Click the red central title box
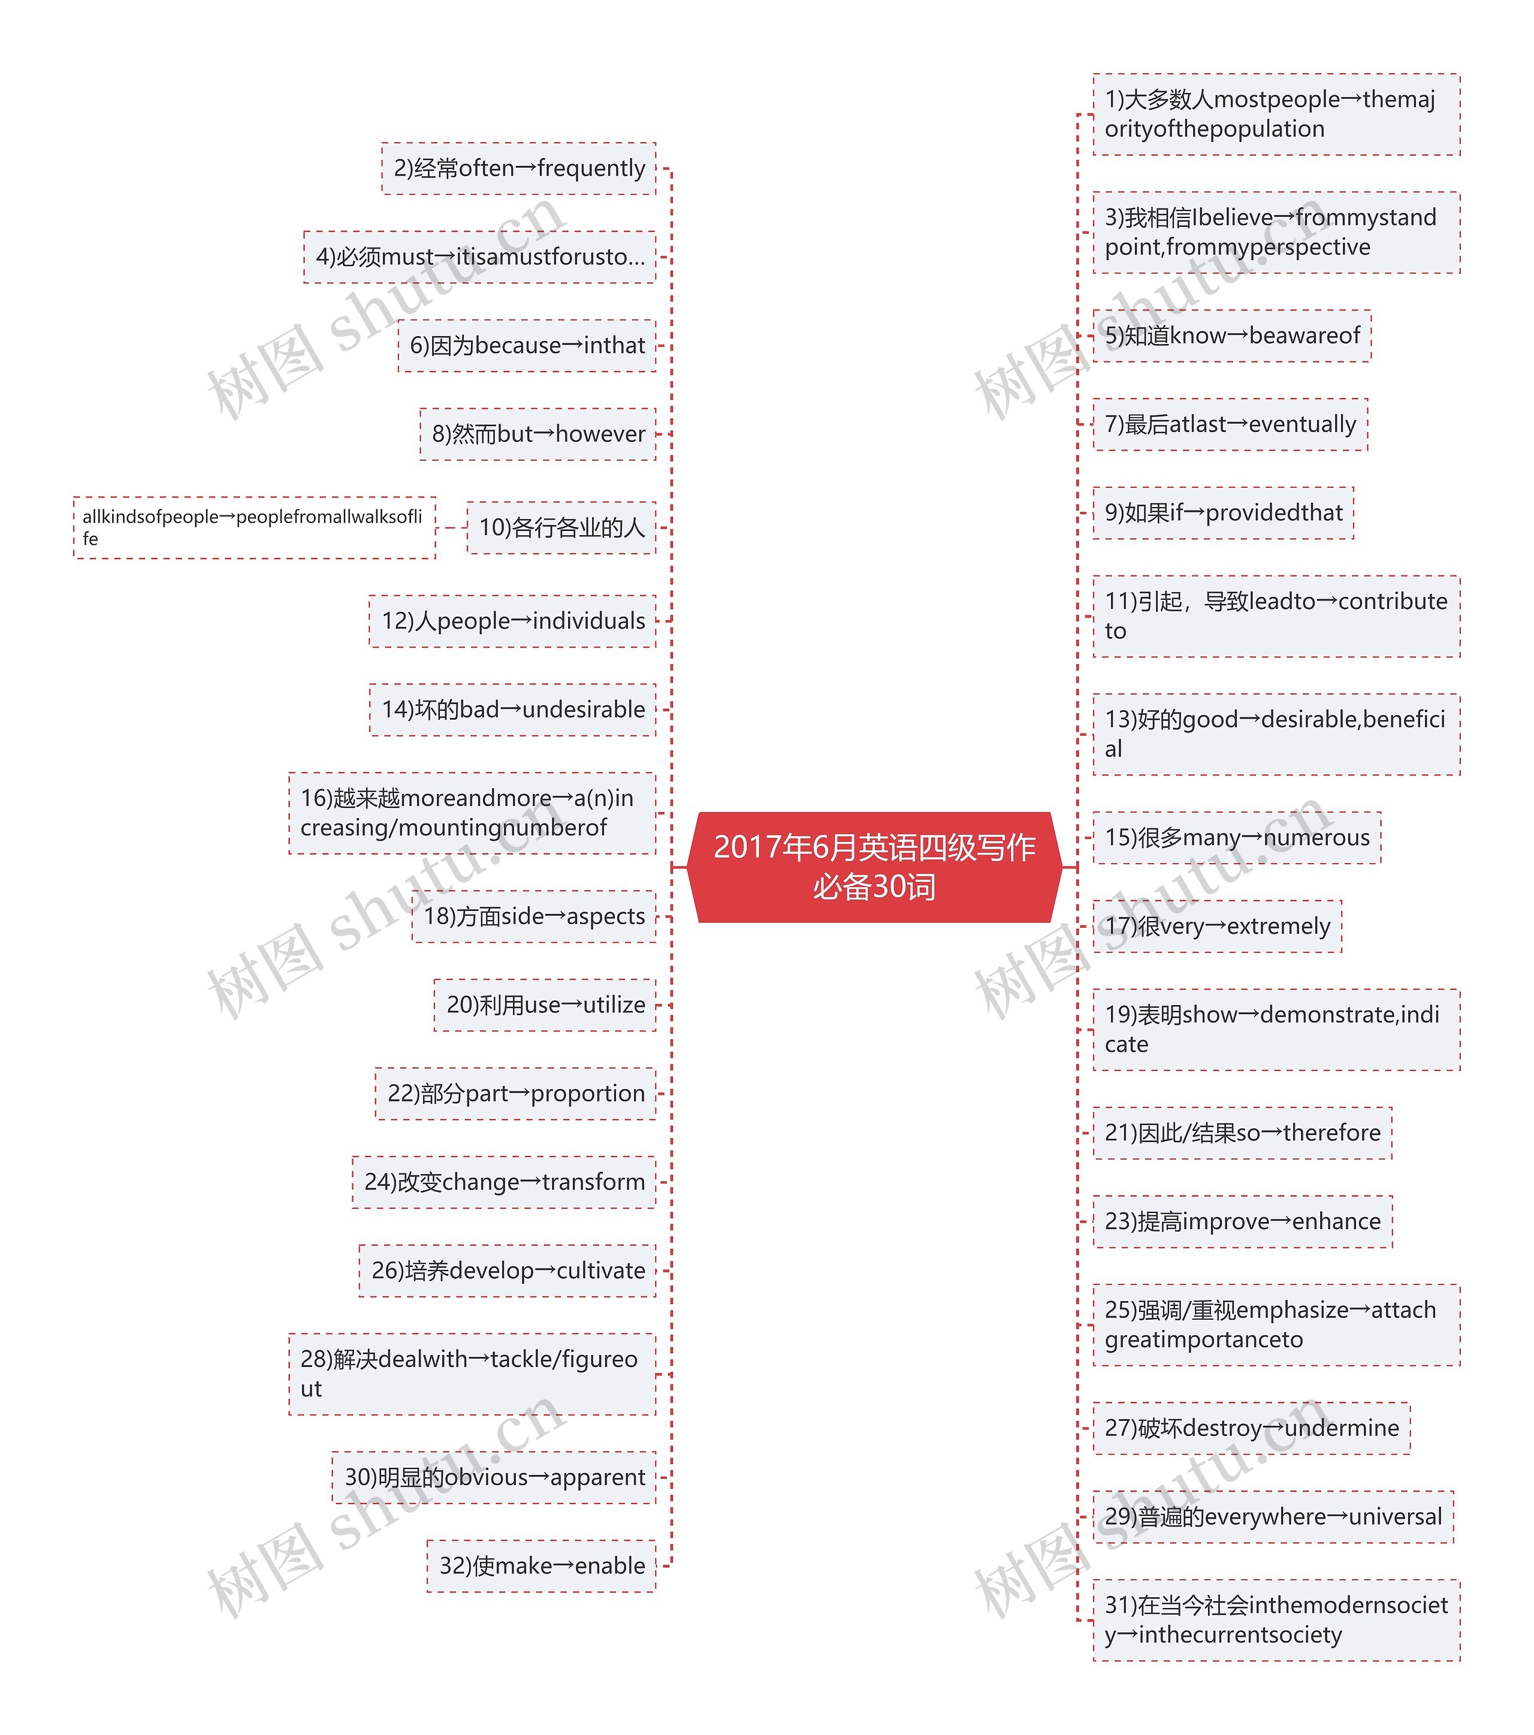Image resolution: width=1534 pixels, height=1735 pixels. coord(874,867)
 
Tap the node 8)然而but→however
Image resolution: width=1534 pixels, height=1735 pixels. coord(537,434)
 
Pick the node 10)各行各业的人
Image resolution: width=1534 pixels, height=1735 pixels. coord(561,528)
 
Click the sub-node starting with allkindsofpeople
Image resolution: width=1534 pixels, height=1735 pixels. coord(254,528)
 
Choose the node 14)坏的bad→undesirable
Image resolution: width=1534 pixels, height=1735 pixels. coord(513,710)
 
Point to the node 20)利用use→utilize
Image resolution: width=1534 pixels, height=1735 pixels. coord(545,1005)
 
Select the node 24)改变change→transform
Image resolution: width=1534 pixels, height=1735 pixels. coord(505,1182)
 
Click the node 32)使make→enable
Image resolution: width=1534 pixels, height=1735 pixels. coord(542,1566)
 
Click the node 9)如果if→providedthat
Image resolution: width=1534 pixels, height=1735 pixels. coord(1222,512)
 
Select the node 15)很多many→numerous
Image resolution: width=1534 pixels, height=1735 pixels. coord(1236,838)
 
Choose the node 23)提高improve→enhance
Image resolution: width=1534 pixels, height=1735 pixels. coord(1242,1221)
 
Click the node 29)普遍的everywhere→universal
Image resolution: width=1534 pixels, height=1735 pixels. coord(1273,1517)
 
